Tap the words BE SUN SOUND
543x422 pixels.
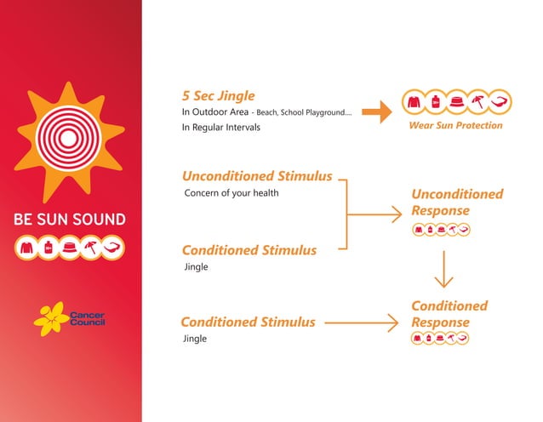(70, 220)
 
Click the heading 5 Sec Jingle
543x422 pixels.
(218, 95)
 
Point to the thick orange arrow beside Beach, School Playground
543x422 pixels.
(374, 111)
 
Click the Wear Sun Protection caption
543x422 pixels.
(457, 126)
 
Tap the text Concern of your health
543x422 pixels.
(231, 193)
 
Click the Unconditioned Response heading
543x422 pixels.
(456, 202)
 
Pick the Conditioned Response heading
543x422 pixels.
(449, 314)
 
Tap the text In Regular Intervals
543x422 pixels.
(221, 128)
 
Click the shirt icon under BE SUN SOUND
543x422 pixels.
(26, 248)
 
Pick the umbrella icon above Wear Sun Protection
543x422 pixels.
(478, 101)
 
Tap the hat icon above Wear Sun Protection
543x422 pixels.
(456, 101)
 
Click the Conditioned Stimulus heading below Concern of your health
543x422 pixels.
(249, 250)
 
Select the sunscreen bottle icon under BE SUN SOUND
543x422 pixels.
(48, 248)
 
